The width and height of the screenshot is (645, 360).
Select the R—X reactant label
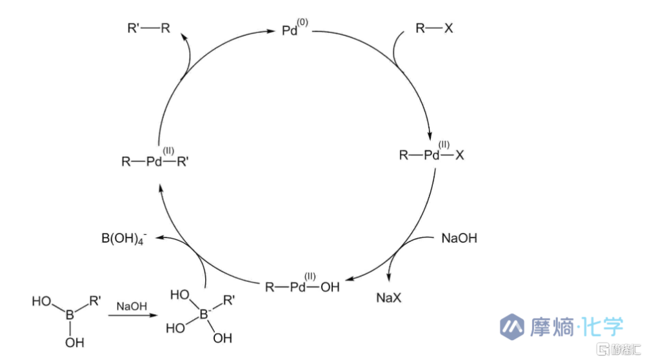click(434, 28)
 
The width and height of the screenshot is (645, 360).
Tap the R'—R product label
click(148, 28)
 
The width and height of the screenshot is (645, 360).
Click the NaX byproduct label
click(389, 297)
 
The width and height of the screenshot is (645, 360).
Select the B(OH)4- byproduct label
click(124, 238)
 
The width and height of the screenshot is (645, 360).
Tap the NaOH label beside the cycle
click(459, 238)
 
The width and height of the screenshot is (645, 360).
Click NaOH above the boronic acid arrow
click(132, 306)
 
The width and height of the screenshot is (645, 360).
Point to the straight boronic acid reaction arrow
click(133, 315)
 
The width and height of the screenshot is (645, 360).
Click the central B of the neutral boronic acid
click(70, 315)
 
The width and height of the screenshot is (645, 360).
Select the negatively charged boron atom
click(204, 314)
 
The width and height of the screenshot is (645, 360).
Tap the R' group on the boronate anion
click(229, 300)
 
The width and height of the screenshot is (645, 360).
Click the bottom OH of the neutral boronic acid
click(74, 343)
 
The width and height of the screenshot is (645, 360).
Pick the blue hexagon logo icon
click(512, 326)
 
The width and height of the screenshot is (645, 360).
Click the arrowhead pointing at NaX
click(388, 277)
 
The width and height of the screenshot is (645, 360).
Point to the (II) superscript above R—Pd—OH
click(310, 276)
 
